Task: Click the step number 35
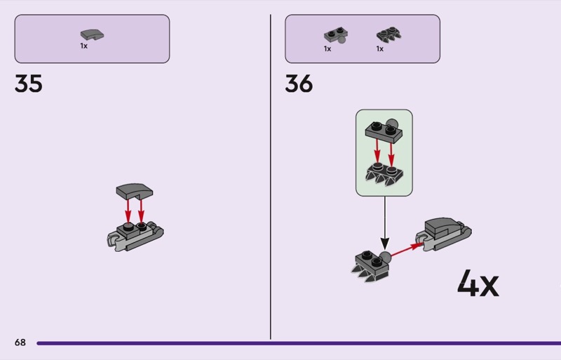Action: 29,84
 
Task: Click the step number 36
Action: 299,84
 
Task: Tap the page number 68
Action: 20,342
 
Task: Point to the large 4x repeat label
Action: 478,284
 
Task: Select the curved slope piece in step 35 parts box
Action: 92,34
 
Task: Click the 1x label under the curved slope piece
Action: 83,46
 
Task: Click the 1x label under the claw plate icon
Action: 379,49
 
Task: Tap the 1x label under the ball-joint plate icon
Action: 327,49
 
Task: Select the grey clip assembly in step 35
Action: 133,235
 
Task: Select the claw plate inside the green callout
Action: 384,173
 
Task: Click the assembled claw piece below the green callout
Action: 371,265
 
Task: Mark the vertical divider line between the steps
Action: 271,175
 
